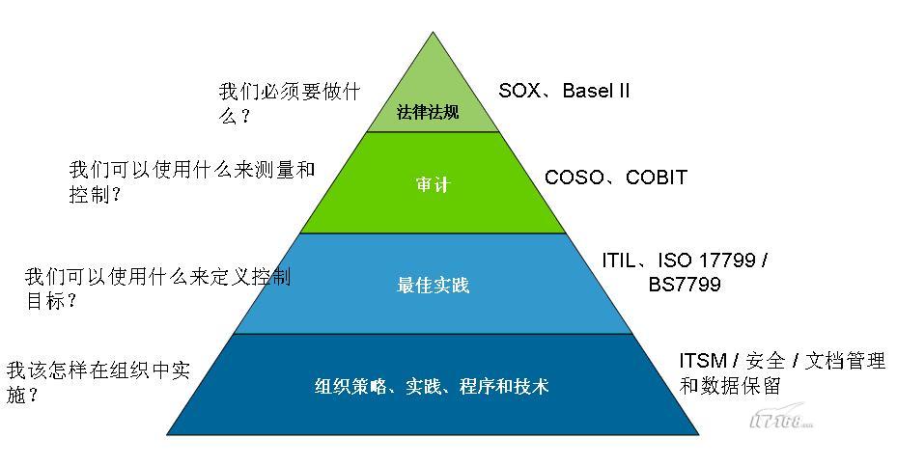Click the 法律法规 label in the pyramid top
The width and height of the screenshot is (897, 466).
pyautogui.click(x=428, y=112)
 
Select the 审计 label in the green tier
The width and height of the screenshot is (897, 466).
pyautogui.click(x=434, y=184)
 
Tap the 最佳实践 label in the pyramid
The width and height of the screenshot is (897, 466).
pyautogui.click(x=434, y=285)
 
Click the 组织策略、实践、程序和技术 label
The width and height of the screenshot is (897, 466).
pyautogui.click(x=432, y=386)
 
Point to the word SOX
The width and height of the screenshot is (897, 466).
pyautogui.click(x=519, y=91)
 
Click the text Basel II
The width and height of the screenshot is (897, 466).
pyautogui.click(x=596, y=91)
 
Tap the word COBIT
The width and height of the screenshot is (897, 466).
pyautogui.click(x=657, y=178)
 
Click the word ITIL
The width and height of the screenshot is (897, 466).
pyautogui.click(x=618, y=260)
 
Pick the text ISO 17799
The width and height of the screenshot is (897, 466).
pyautogui.click(x=707, y=260)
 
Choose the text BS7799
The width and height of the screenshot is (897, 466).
pyautogui.click(x=685, y=285)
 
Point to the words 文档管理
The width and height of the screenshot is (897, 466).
pyautogui.click(x=845, y=361)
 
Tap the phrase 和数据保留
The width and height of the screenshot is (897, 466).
pyautogui.click(x=730, y=386)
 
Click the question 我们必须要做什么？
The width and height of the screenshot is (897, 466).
pyautogui.click(x=290, y=103)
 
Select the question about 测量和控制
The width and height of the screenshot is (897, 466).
pyautogui.click(x=191, y=181)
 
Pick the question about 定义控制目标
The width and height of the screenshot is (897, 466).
pyautogui.click(x=157, y=288)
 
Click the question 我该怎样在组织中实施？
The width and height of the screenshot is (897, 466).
pyautogui.click(x=98, y=382)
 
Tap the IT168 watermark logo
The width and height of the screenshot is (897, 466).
pyautogui.click(x=781, y=418)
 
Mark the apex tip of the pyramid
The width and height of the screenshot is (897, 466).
pyautogui.click(x=434, y=32)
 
